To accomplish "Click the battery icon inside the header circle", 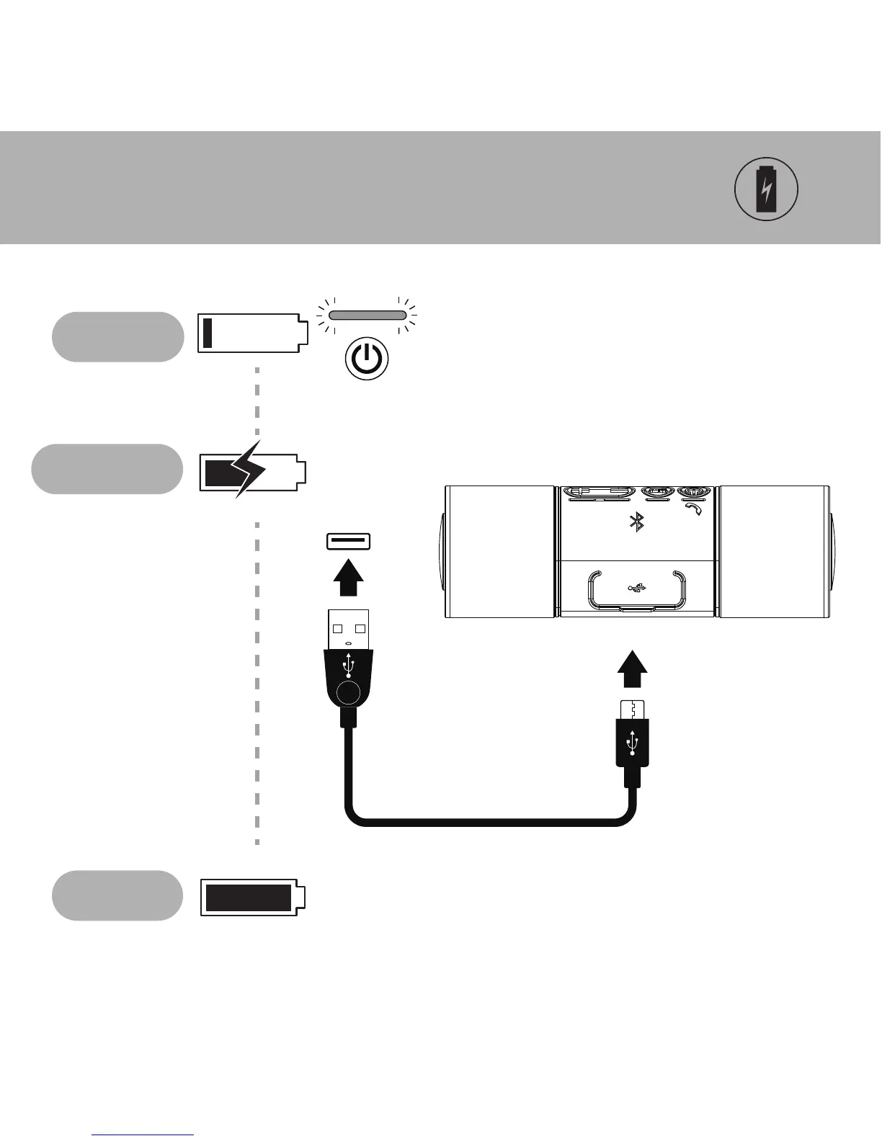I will [x=766, y=189].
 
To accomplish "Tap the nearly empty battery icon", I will [x=252, y=333].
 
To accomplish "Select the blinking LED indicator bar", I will [x=367, y=315].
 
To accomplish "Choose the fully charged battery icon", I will [x=252, y=898].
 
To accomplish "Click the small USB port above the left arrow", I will [x=348, y=541].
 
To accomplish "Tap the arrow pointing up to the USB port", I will [x=348, y=577].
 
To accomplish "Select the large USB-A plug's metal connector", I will [x=349, y=629].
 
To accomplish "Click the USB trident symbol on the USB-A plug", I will [x=349, y=664].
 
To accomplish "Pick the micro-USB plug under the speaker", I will [x=633, y=735].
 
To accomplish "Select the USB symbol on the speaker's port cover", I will [x=636, y=588].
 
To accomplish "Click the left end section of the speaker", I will [x=499, y=552].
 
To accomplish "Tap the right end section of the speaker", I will [x=773, y=552].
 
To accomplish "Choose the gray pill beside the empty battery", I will [x=117, y=336].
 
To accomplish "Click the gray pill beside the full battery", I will [x=117, y=895].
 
